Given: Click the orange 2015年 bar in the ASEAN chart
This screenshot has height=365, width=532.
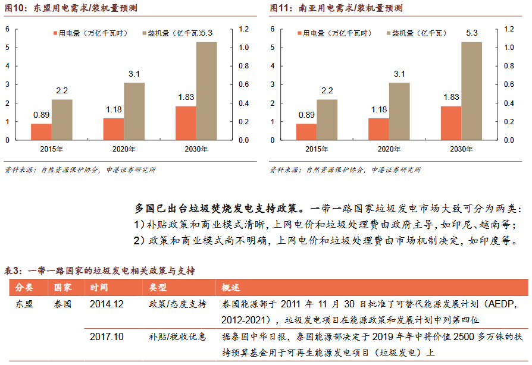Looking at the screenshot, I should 41,131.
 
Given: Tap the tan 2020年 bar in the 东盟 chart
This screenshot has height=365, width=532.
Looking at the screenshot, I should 134,111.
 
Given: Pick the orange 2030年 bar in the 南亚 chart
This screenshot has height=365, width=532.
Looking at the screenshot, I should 451,123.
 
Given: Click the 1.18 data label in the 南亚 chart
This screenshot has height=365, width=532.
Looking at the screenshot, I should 378,110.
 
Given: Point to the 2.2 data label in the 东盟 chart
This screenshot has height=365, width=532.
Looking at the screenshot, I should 62,90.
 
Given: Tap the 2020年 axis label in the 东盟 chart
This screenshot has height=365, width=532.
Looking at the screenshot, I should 124,149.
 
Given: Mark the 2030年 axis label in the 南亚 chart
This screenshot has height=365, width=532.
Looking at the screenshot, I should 461,149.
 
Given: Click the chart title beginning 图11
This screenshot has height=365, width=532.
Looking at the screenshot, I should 336,8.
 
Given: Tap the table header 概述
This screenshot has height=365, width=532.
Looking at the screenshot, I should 231,288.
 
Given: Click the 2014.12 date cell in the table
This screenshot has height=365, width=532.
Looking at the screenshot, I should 107,304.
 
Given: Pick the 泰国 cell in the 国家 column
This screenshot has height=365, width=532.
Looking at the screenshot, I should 63,304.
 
